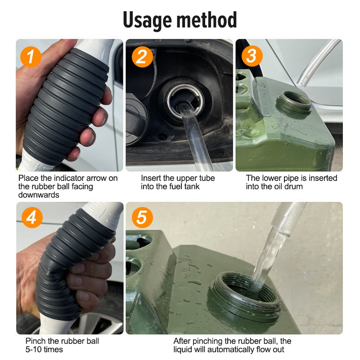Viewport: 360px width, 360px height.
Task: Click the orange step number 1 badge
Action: click(x=31, y=57)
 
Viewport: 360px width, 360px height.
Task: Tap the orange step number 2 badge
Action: click(x=142, y=57)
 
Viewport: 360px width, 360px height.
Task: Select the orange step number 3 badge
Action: click(x=252, y=56)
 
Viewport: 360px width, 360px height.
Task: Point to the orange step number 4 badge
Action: click(x=32, y=217)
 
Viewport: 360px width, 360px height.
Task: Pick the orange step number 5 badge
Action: click(x=142, y=217)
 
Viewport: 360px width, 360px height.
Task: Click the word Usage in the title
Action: click(x=147, y=20)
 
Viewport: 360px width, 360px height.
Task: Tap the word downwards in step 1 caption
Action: click(x=39, y=195)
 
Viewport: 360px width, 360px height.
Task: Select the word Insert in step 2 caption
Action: click(x=151, y=178)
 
